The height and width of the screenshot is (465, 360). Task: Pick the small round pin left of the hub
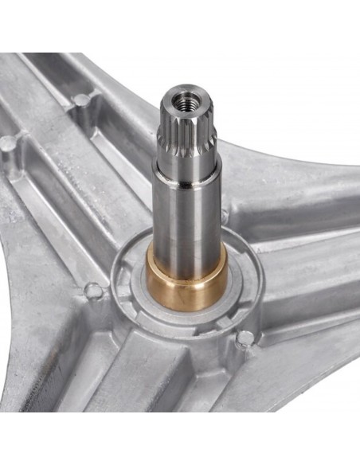(x=93, y=291)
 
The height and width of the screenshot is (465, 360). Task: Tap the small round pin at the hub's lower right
(x=245, y=338)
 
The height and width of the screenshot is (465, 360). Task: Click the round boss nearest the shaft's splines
(x=81, y=101)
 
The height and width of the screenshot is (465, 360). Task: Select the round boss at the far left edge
(x=7, y=145)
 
